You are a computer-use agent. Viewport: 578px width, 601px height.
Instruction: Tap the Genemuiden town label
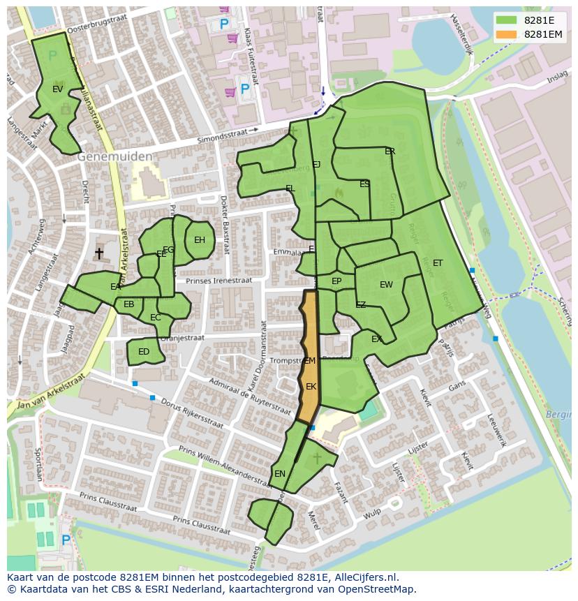114,157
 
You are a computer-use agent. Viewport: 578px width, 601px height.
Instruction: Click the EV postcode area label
58,89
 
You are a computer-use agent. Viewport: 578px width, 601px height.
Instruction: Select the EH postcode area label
200,240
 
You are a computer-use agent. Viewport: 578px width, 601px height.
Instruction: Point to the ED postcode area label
144,352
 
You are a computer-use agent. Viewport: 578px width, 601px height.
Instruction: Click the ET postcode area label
438,263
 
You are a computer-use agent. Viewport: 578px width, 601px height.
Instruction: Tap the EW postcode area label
386,285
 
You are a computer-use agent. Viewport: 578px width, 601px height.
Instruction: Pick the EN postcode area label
280,473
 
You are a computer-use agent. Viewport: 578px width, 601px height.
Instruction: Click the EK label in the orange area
311,386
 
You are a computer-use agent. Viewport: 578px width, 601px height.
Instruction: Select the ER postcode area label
390,151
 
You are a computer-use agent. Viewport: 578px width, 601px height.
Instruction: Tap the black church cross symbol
99,253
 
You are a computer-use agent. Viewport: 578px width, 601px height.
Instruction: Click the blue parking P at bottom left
66,540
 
